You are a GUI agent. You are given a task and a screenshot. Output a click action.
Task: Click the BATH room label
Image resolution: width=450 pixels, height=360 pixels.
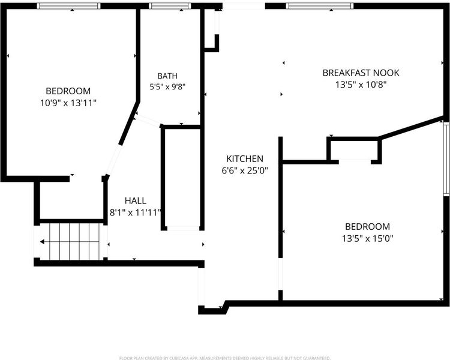click(x=167, y=76)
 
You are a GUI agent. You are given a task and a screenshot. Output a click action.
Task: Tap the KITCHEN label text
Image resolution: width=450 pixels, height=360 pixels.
click(x=245, y=159)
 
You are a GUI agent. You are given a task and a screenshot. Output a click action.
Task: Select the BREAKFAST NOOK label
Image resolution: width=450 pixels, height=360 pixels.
click(x=361, y=73)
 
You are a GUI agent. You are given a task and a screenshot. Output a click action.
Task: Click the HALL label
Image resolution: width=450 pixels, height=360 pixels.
click(x=136, y=200)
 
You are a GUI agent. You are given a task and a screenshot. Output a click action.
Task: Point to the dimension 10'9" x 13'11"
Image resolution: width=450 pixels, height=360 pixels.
click(x=68, y=103)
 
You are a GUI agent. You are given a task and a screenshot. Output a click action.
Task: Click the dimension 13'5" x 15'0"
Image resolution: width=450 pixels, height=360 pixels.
click(x=367, y=239)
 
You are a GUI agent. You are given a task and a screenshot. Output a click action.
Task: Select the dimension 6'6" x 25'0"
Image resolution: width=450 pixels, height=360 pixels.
click(x=245, y=171)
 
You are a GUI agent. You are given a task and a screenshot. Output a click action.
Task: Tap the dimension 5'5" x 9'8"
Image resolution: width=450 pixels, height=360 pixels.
click(x=167, y=86)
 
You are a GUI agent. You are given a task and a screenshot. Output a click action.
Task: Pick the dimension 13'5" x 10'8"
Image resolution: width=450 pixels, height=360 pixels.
click(x=361, y=85)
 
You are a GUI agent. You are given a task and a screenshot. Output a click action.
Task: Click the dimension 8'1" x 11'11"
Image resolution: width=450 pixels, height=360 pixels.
click(x=136, y=213)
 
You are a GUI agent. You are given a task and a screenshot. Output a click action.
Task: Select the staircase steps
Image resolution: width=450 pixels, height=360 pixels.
click(x=74, y=242)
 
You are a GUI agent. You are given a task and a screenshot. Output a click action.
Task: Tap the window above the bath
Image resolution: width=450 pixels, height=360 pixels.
click(x=170, y=6)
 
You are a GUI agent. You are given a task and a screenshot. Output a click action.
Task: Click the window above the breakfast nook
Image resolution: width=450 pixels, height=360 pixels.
click(x=319, y=6)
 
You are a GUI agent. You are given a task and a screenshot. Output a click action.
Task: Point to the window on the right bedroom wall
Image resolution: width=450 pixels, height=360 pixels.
click(x=446, y=159)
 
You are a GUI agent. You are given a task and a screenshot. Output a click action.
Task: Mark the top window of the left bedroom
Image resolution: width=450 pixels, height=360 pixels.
click(x=69, y=6)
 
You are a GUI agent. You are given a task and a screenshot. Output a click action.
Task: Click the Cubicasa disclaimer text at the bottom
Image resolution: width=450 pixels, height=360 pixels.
click(x=225, y=358)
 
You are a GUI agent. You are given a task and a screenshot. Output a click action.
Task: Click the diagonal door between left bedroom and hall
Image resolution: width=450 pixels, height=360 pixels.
click(x=113, y=161)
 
